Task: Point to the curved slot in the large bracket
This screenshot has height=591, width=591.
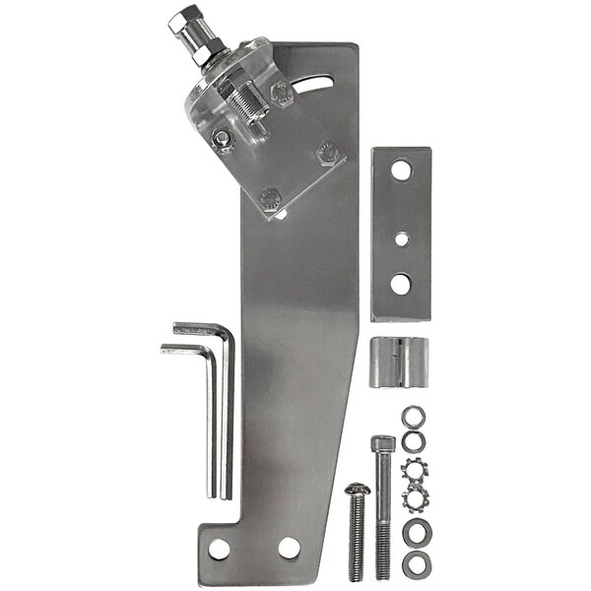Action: coord(320,85)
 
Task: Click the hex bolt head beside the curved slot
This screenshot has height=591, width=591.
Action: coord(281,94)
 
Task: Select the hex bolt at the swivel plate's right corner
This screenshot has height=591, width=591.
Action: coord(328,153)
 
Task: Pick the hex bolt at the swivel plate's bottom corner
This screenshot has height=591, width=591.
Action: coord(271,200)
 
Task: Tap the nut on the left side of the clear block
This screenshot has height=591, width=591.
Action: coord(224,138)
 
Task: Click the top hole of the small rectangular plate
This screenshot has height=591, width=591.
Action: coord(401,170)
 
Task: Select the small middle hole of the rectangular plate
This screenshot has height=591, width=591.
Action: coord(401,238)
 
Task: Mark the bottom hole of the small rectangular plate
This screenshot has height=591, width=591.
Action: coord(401,284)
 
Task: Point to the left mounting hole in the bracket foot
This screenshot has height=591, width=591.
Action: coord(219,549)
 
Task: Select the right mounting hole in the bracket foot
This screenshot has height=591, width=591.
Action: coord(289,548)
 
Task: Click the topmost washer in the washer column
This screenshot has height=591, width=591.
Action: coord(413,416)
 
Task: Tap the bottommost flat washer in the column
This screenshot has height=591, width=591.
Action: coord(414,564)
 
